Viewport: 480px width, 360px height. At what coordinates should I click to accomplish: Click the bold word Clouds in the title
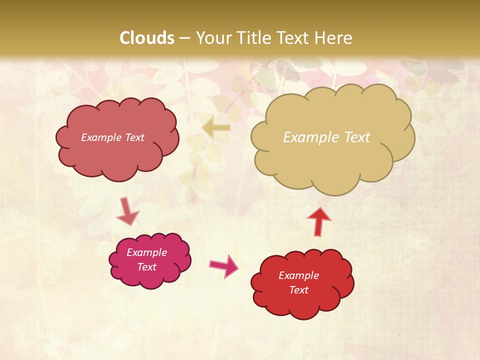click(x=147, y=38)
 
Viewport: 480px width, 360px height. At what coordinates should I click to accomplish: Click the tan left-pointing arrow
click(x=216, y=128)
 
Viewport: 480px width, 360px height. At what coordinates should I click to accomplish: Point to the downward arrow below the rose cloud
click(x=127, y=211)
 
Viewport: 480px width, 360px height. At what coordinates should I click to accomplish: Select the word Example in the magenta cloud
click(x=146, y=252)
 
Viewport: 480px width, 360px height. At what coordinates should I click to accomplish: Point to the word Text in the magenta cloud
click(x=146, y=267)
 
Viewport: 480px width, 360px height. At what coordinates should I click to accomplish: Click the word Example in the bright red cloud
click(x=298, y=275)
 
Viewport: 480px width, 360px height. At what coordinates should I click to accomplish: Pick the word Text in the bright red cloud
click(x=298, y=290)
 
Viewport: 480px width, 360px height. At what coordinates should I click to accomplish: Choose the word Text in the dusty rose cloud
click(x=134, y=137)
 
